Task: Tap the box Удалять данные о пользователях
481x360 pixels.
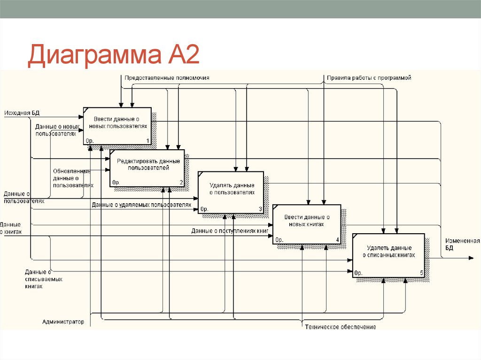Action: pos(231,192)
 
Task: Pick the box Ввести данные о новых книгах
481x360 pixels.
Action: pos(307,224)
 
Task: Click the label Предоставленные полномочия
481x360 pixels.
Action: pos(167,78)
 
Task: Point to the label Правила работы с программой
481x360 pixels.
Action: pos(369,78)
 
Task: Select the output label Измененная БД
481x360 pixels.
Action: pos(462,244)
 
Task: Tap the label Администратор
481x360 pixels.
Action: pos(63,322)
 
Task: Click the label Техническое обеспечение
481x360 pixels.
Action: pos(340,327)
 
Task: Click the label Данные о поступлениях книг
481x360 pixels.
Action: pos(230,231)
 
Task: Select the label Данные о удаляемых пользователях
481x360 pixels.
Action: pos(141,205)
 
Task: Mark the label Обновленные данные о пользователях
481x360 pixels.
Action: pos(72,178)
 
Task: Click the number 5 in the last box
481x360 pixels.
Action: pos(421,273)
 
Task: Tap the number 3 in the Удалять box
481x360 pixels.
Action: pos(260,209)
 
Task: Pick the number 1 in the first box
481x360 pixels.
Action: pos(147,141)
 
